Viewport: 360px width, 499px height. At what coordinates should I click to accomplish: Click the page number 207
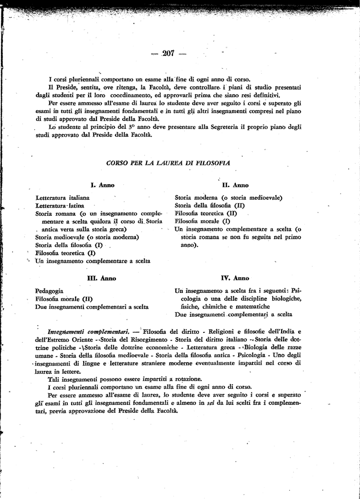pos(169,53)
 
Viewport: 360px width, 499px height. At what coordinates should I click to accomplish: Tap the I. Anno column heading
pos(102,185)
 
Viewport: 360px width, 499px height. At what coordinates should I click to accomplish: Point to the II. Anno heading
pos(235,185)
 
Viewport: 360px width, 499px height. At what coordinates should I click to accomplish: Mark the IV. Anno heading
pos(235,278)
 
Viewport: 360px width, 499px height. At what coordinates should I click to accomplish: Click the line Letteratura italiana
pos(62,198)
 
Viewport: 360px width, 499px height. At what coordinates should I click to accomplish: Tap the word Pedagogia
pos(49,291)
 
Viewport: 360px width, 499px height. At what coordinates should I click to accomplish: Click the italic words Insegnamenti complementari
pos(88,332)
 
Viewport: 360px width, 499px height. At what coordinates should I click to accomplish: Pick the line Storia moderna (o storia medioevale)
pos(228,198)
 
